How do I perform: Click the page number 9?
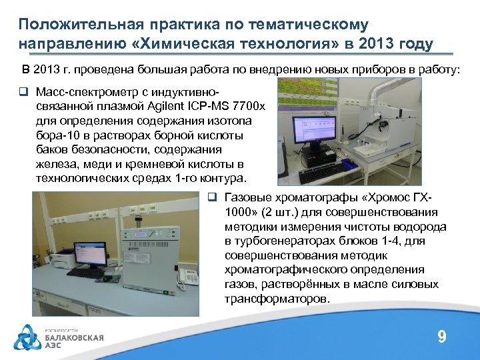pos(441,337)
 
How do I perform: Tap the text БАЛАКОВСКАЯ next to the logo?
pos(74,337)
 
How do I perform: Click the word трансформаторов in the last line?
pos(277,298)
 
